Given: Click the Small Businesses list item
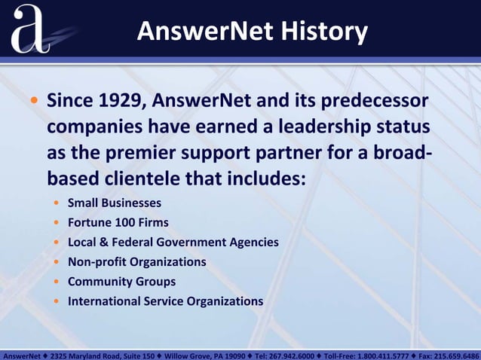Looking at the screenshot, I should [114, 203].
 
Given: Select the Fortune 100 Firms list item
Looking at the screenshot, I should [118, 222].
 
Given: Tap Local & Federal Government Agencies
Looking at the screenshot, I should [173, 242].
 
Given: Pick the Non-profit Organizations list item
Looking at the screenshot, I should [136, 261].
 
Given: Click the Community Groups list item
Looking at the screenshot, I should [121, 281].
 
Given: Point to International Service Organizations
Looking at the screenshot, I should [165, 301].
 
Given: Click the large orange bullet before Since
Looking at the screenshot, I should [34, 101].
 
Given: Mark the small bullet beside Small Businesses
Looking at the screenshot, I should [57, 203].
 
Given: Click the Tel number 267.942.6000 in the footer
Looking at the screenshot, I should [293, 354].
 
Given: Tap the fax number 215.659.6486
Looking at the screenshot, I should [458, 354].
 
